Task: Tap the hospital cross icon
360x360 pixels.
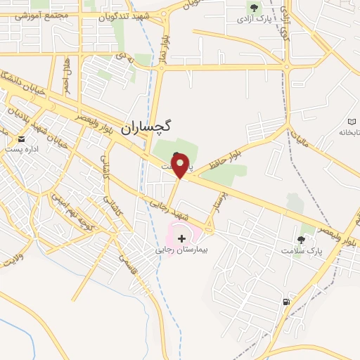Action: coord(182,239)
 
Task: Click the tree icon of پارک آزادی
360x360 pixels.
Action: coord(252,8)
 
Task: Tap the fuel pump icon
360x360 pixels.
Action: coord(285,302)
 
